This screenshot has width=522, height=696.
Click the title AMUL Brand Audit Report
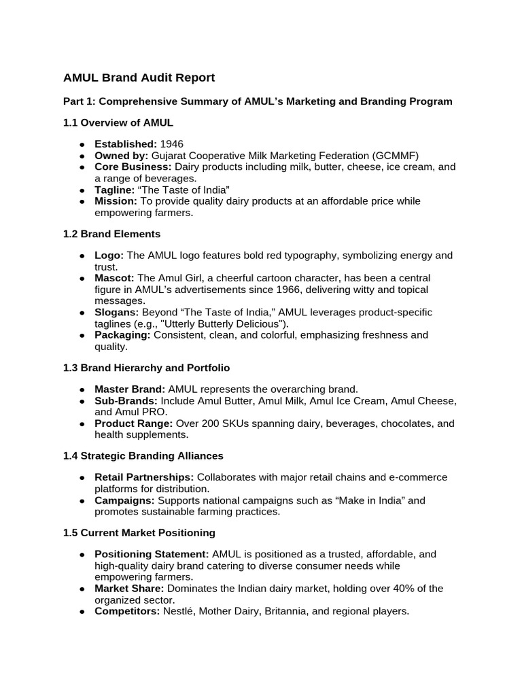click(x=139, y=77)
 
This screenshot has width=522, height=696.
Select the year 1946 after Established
click(x=172, y=144)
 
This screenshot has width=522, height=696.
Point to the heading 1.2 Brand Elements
click(x=111, y=234)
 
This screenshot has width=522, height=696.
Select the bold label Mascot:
click(x=114, y=278)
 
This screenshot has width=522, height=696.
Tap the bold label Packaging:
click(x=122, y=335)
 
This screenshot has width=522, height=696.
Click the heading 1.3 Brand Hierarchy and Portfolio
click(x=146, y=368)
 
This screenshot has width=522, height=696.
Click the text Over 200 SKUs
click(x=208, y=423)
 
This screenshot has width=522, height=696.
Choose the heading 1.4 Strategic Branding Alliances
click(x=143, y=455)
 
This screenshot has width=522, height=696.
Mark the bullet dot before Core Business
click(x=82, y=167)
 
